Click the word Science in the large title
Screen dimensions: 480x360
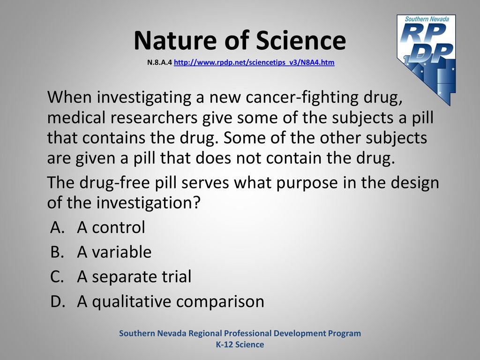click(x=301, y=40)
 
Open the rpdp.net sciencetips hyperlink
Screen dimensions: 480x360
click(x=254, y=62)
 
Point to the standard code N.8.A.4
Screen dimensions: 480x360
click(x=159, y=62)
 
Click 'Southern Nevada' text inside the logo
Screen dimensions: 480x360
click(x=427, y=19)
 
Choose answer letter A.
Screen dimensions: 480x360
click(x=57, y=227)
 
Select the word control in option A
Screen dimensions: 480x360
click(x=119, y=227)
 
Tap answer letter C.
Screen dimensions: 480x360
click(x=57, y=277)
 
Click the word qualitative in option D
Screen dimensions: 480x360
click(x=132, y=301)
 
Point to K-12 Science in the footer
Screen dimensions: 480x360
click(x=240, y=345)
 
